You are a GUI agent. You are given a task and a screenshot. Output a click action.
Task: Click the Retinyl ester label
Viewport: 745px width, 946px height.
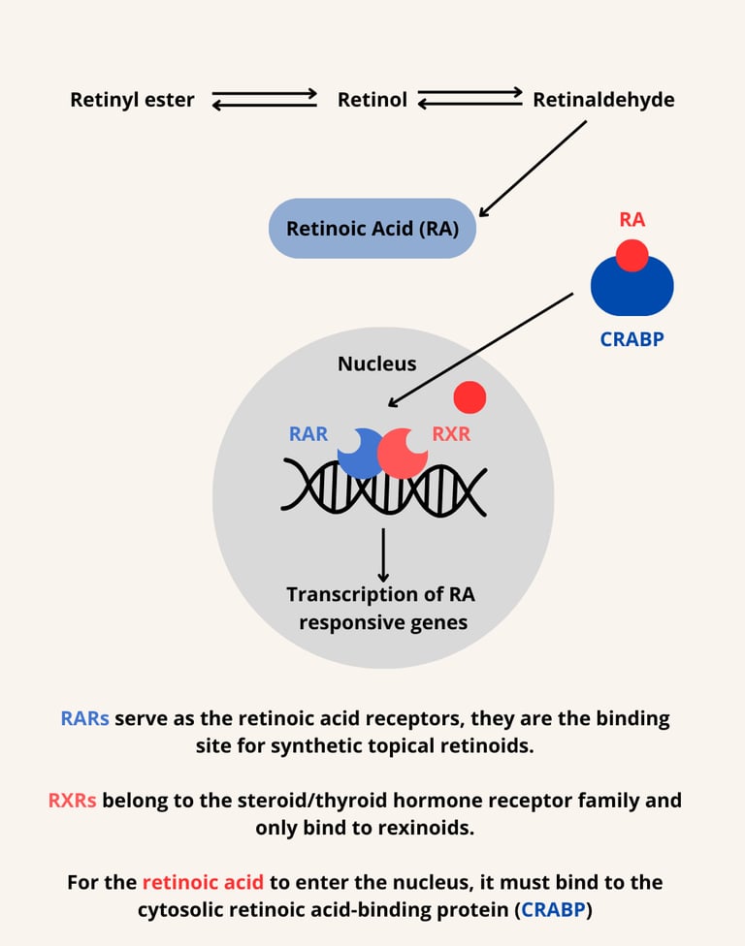[132, 100]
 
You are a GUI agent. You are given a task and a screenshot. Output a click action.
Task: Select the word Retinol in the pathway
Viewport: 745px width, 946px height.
[372, 100]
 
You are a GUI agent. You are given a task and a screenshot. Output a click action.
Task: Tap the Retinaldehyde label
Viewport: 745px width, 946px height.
[603, 100]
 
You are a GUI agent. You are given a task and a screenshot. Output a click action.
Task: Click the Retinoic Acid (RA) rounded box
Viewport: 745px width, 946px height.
[372, 229]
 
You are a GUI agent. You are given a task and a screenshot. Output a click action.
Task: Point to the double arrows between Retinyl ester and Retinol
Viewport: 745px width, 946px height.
[265, 100]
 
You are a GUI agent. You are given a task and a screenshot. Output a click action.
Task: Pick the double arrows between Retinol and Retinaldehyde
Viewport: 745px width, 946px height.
[470, 98]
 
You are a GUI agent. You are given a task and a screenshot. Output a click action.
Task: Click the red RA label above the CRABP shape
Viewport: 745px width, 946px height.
[632, 220]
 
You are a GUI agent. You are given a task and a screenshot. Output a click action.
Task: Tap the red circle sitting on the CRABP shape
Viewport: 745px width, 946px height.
[632, 255]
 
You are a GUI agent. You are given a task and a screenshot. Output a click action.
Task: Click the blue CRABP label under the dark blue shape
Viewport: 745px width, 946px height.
[632, 339]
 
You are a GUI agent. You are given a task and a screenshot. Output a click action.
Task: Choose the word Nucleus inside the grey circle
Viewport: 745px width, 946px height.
[376, 364]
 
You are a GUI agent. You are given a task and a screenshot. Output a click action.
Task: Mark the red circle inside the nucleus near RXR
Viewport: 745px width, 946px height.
[470, 396]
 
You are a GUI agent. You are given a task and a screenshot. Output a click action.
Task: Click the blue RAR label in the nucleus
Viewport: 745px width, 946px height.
[308, 434]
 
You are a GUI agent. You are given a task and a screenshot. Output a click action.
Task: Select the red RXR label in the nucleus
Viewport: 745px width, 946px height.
[451, 434]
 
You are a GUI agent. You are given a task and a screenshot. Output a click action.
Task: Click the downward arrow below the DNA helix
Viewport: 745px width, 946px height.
[383, 554]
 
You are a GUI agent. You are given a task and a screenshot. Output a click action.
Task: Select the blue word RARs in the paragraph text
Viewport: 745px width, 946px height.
[84, 719]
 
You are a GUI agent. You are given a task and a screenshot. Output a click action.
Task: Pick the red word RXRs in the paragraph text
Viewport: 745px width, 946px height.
[72, 801]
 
